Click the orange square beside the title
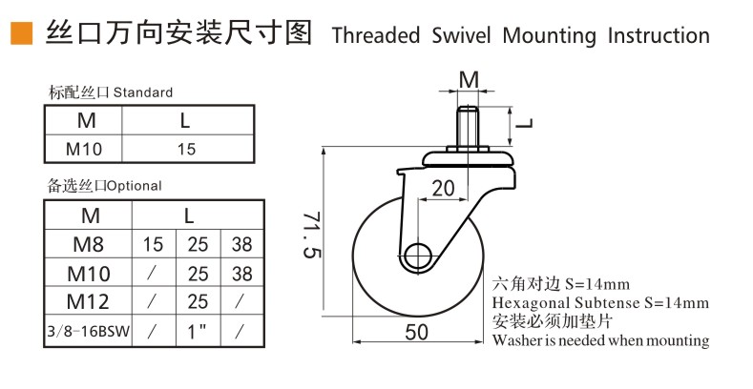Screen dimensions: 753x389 22,33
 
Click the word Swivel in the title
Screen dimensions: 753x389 462,35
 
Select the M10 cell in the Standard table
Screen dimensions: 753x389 84,149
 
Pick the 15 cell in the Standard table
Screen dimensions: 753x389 186,149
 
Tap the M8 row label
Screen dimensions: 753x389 89,244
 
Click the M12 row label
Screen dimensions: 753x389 88,301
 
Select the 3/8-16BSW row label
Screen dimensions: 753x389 89,331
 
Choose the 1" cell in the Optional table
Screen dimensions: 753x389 197,331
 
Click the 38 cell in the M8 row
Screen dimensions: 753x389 241,245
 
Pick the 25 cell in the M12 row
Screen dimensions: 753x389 198,301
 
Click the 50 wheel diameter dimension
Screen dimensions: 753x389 416,332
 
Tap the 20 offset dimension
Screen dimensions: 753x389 443,189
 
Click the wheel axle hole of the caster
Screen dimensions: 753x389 418,256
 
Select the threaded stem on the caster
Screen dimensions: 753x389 468,126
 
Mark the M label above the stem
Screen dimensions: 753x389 469,80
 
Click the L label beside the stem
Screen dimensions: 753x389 524,123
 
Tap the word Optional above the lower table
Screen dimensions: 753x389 134,186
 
